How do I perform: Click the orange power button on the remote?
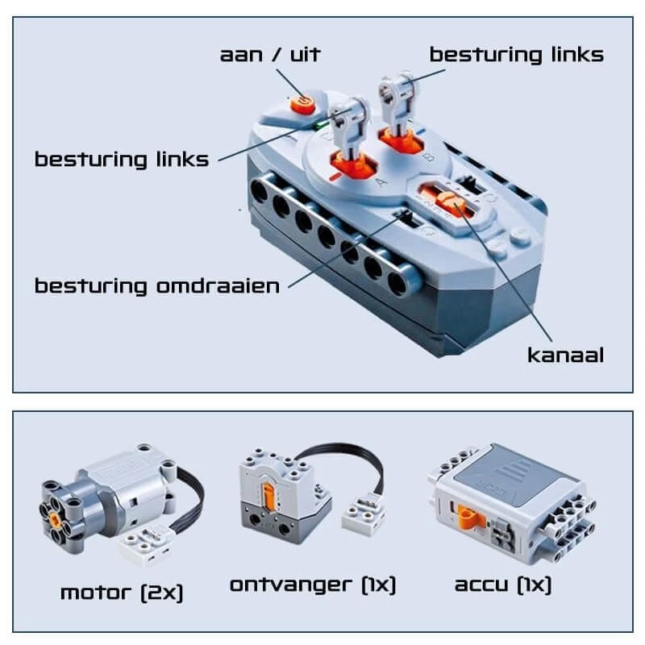[303, 104]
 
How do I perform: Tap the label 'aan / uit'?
[270, 55]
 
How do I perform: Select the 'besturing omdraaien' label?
[157, 286]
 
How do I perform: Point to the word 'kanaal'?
[566, 355]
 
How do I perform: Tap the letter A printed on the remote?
[381, 181]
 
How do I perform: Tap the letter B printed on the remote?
[429, 157]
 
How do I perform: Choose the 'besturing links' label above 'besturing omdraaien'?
[122, 160]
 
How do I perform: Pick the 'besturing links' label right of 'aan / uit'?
[517, 55]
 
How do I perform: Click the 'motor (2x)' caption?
[122, 593]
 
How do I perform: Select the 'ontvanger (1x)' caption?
[313, 585]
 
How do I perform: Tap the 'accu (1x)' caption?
[502, 585]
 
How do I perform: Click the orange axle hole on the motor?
[55, 518]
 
